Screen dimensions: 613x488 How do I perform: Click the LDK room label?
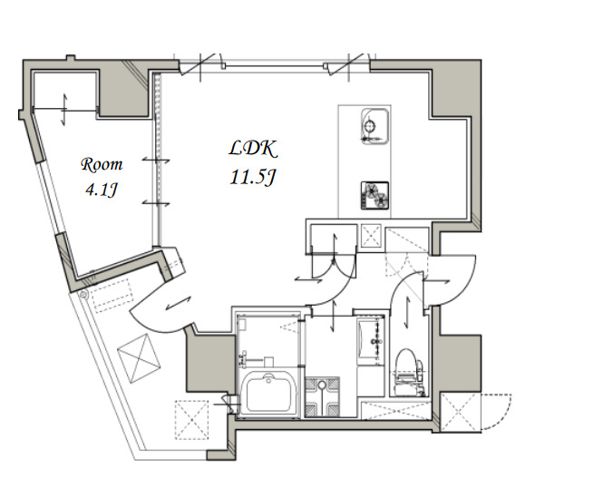253,148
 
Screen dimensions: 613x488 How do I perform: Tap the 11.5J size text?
253,177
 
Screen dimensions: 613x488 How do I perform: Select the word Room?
102,164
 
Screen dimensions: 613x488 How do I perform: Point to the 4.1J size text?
102,190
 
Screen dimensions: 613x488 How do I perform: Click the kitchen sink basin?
375,126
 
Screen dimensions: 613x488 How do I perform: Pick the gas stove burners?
375,194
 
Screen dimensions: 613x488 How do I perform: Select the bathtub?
268,394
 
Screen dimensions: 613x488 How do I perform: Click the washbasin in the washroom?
370,341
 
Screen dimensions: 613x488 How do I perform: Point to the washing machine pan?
322,396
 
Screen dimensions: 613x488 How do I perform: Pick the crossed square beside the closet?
371,236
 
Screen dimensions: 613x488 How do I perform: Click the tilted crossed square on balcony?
139,358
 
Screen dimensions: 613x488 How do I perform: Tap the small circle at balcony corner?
83,295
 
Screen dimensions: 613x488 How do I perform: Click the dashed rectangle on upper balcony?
112,295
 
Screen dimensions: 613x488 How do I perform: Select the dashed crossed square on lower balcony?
191,420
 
